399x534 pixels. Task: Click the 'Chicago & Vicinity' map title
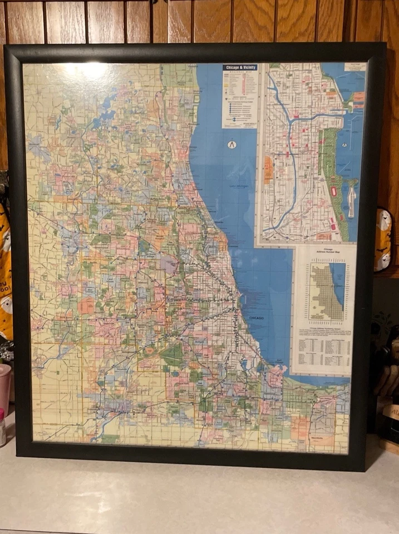coord(240,67)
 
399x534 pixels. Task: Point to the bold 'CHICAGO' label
coord(257,318)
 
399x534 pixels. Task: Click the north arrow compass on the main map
coord(232,145)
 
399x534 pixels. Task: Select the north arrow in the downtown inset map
coord(344,145)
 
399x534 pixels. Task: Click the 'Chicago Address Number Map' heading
coord(325,251)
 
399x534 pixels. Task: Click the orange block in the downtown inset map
coord(269,170)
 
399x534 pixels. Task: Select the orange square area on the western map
coord(86,305)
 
